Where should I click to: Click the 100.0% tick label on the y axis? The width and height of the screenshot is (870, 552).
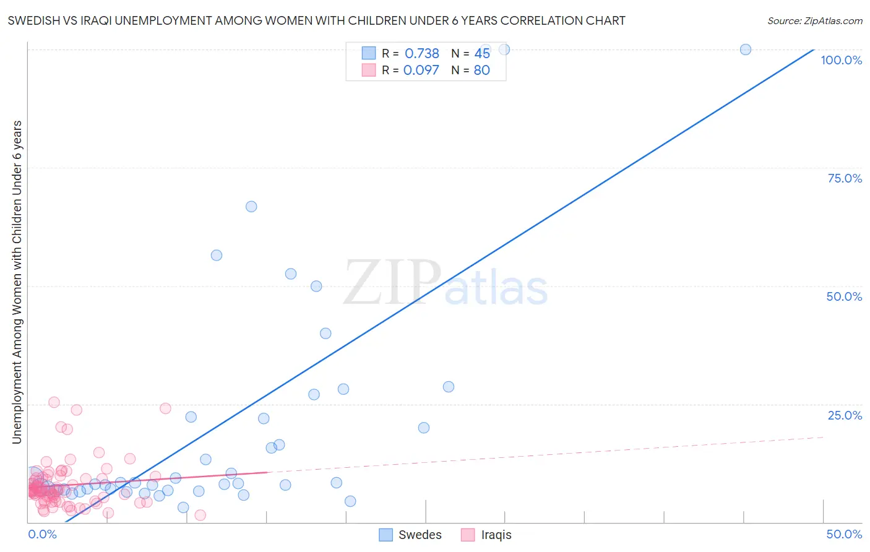(x=841, y=60)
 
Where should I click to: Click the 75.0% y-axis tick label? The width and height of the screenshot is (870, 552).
(x=845, y=178)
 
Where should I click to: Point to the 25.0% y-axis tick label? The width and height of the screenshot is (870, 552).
(x=845, y=415)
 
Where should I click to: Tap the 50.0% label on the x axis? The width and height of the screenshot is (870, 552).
(x=844, y=534)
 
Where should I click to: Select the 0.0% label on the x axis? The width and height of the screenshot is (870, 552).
(x=42, y=534)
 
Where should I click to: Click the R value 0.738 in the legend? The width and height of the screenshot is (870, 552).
(x=421, y=54)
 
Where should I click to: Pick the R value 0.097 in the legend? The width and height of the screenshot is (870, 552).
(x=421, y=70)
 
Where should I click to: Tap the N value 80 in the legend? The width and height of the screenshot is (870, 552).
(x=481, y=70)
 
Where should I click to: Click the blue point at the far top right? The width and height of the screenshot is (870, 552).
(x=746, y=50)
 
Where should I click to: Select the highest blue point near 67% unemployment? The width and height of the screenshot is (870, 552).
(x=251, y=207)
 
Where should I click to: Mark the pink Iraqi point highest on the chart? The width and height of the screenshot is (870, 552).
(x=54, y=402)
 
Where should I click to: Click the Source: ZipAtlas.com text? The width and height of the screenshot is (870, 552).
(x=814, y=20)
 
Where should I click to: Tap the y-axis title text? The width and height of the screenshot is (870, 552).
(x=17, y=282)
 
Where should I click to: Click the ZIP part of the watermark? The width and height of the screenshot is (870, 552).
(x=392, y=282)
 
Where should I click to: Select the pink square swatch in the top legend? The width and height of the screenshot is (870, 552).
(x=369, y=70)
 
